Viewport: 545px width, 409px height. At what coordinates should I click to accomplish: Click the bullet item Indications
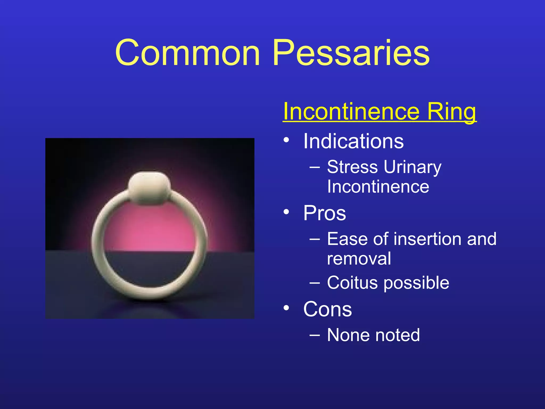[x=353, y=141]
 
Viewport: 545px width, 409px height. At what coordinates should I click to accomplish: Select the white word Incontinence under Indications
[x=378, y=187]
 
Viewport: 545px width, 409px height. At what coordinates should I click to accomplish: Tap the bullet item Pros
[x=324, y=213]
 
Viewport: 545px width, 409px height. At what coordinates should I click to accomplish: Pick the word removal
[x=359, y=258]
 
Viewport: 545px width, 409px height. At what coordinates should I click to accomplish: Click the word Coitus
[x=352, y=283]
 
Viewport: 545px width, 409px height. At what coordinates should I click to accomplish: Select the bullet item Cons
[x=327, y=309]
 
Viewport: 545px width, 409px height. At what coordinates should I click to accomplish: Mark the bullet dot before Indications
[x=286, y=140]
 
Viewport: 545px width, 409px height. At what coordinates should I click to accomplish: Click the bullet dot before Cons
[x=286, y=308]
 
